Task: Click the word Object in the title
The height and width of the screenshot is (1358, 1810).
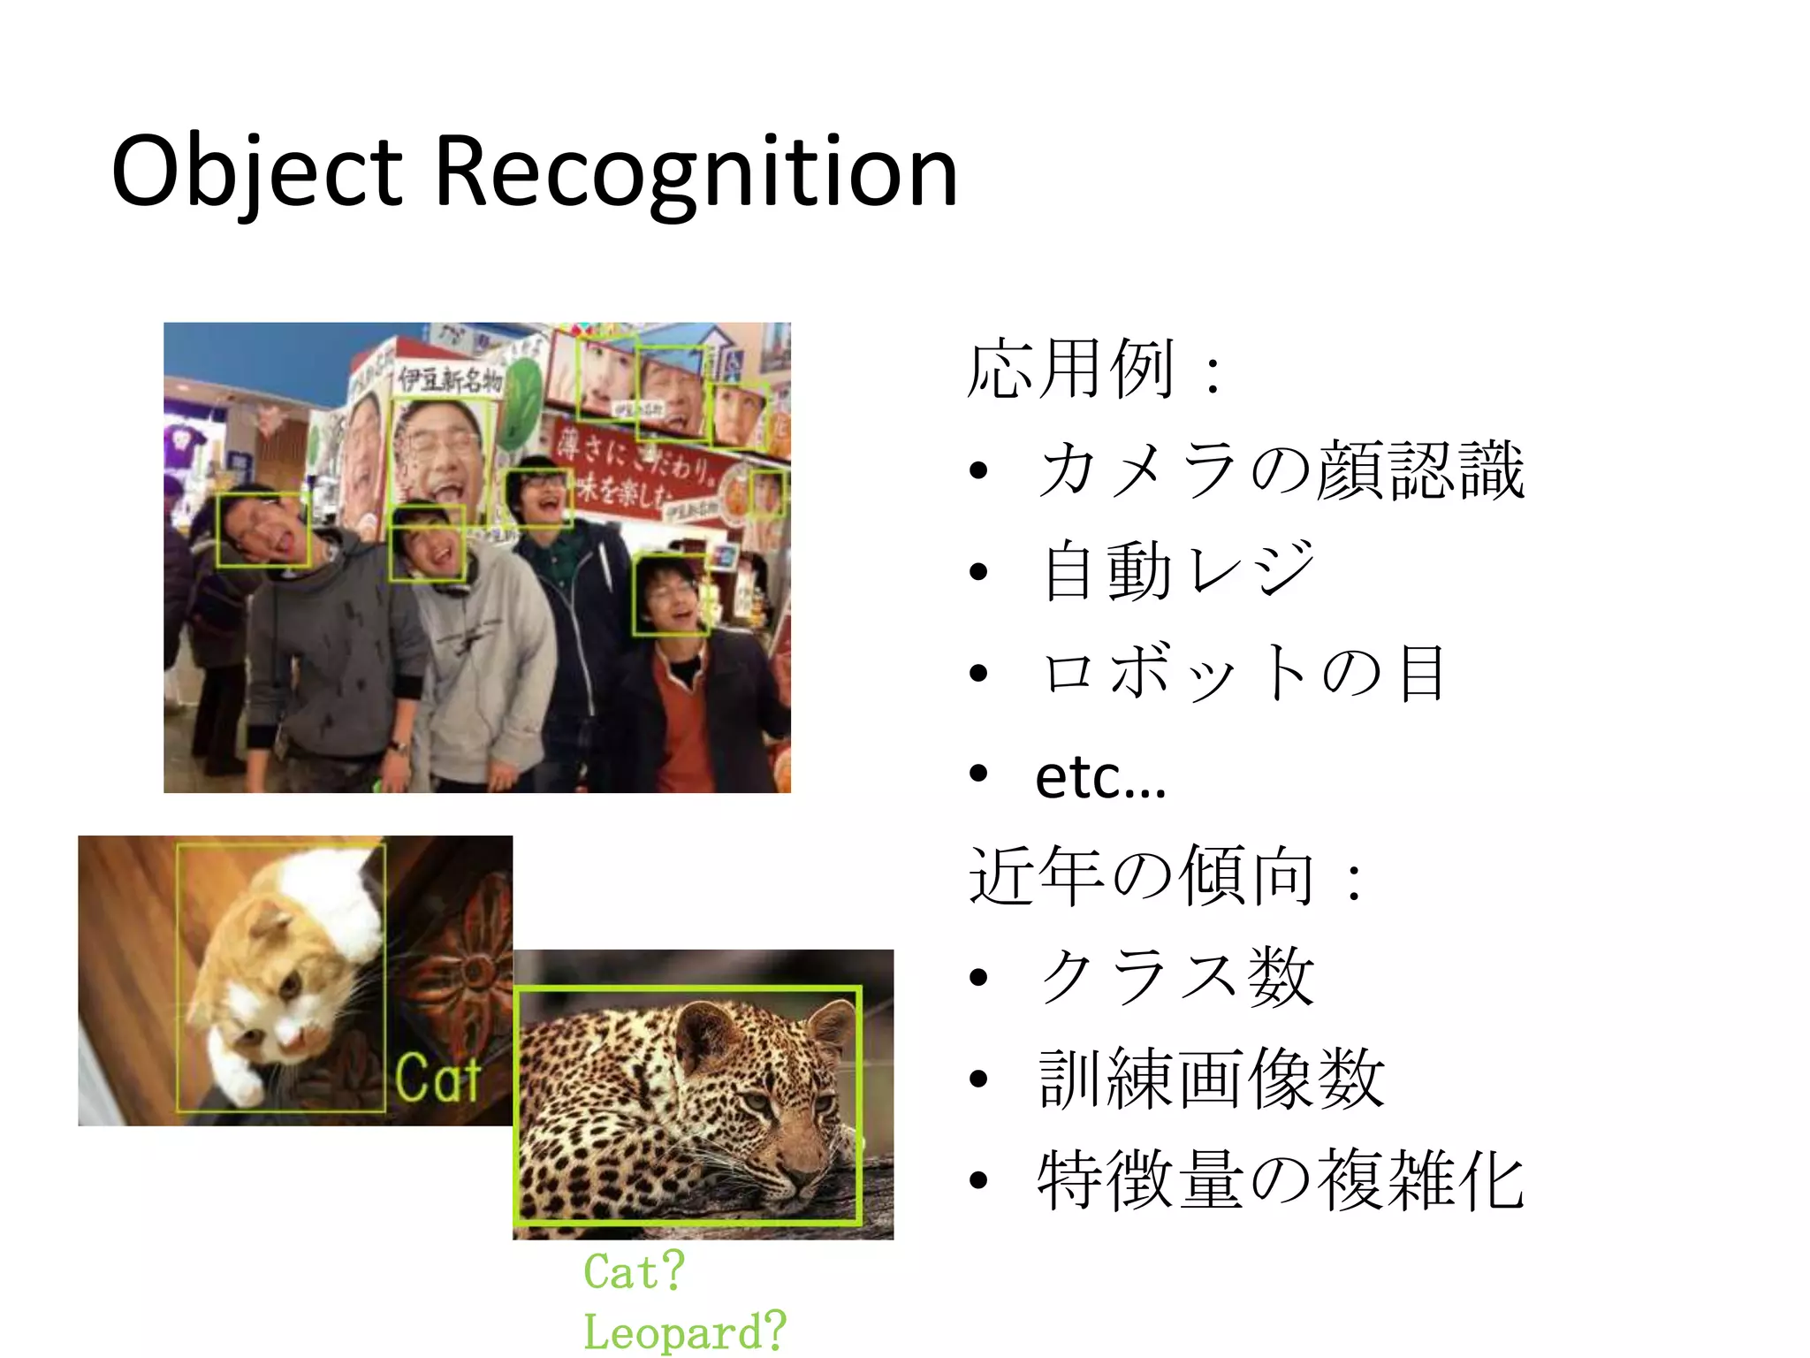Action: point(256,172)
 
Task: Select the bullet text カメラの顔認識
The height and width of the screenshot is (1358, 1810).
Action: point(1281,470)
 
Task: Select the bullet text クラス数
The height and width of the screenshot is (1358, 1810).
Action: point(1176,978)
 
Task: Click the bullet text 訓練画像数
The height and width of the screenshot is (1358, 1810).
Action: point(1211,1080)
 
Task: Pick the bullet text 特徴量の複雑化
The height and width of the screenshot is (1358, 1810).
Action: point(1281,1181)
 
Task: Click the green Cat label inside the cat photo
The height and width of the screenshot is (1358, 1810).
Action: point(437,1078)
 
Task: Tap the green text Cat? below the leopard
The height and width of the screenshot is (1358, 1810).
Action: point(634,1271)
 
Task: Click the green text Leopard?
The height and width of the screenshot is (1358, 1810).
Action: point(683,1331)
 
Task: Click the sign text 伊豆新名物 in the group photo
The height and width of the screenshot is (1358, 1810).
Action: point(449,380)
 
